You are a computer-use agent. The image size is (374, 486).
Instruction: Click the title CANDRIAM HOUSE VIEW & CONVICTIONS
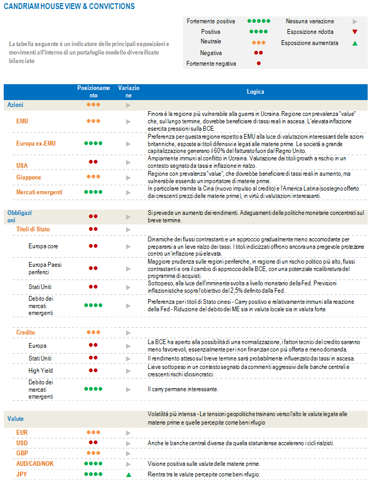pyautogui.click(x=69, y=6)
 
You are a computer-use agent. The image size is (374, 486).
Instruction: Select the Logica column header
pyautogui.click(x=255, y=92)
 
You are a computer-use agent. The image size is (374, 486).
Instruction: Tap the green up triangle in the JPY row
pyautogui.click(x=128, y=474)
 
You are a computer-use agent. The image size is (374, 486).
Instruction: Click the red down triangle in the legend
pyautogui.click(x=355, y=32)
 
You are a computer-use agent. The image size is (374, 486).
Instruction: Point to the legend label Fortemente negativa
pyautogui.click(x=211, y=64)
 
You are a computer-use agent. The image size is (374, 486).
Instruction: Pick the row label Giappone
pyautogui.click(x=29, y=177)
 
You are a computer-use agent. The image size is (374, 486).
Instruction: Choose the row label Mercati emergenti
pyautogui.click(x=39, y=192)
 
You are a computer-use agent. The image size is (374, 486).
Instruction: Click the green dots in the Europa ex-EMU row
pyautogui.click(x=93, y=143)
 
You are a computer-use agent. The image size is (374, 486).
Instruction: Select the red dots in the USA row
pyautogui.click(x=93, y=161)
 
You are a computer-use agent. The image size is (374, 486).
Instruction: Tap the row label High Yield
pyautogui.click(x=41, y=371)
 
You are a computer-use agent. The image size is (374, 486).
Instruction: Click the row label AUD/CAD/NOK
pyautogui.click(x=35, y=464)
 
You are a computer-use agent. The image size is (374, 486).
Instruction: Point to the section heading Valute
pyautogui.click(x=15, y=419)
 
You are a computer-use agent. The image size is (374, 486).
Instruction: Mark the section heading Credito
pyautogui.click(x=25, y=332)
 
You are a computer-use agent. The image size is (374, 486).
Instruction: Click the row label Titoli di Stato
pyautogui.click(x=33, y=229)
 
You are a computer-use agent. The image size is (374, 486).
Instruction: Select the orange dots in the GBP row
pyautogui.click(x=93, y=453)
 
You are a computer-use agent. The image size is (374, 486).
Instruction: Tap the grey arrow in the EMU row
pyautogui.click(x=128, y=121)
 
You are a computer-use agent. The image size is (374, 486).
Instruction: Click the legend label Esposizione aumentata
pyautogui.click(x=310, y=43)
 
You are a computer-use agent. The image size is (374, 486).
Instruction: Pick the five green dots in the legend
pyautogui.click(x=259, y=21)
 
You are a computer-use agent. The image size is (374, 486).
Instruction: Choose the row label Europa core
pyautogui.click(x=43, y=246)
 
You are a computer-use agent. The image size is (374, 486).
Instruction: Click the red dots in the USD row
pyautogui.click(x=93, y=443)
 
